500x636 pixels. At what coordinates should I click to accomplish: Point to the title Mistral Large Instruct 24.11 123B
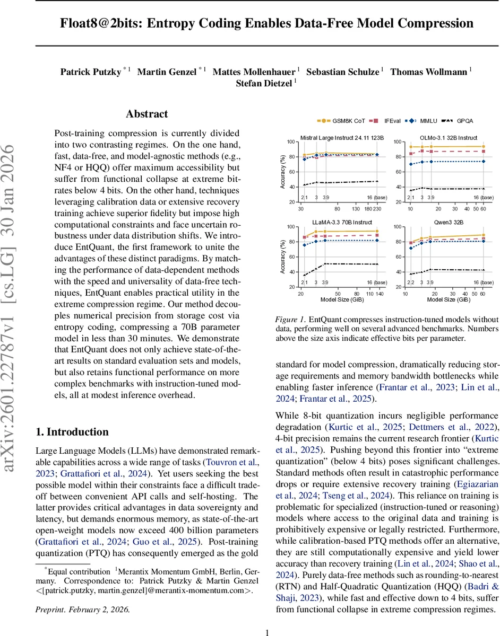(342, 138)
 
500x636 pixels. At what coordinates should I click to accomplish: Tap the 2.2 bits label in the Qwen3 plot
(411, 282)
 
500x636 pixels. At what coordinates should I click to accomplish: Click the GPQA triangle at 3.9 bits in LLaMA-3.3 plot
(325, 263)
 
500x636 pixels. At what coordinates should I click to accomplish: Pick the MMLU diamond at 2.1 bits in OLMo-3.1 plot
(411, 164)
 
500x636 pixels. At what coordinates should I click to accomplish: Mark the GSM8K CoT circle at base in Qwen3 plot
(482, 235)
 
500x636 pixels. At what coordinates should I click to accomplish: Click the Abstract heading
(147, 114)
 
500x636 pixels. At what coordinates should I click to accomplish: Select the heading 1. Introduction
(72, 432)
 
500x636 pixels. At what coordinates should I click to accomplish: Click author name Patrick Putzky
(91, 72)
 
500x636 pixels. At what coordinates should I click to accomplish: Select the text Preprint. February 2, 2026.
(82, 609)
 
